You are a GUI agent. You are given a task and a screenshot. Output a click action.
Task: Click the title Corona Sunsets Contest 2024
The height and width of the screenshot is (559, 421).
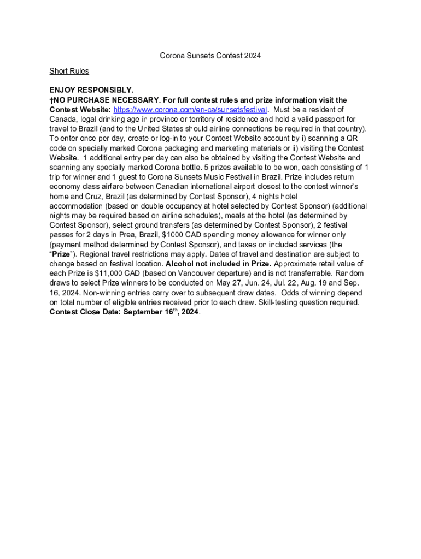(x=210, y=56)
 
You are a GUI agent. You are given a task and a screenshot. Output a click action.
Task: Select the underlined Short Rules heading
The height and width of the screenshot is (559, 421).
(x=69, y=71)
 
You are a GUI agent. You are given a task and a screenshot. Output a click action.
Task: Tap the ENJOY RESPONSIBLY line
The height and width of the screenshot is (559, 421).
(x=91, y=90)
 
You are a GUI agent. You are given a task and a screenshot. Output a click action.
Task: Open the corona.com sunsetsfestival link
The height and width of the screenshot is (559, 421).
(x=190, y=109)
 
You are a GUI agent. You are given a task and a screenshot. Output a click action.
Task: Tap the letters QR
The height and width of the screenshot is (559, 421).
(x=351, y=138)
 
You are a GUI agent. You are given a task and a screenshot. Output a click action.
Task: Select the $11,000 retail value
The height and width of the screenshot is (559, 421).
(x=96, y=273)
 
